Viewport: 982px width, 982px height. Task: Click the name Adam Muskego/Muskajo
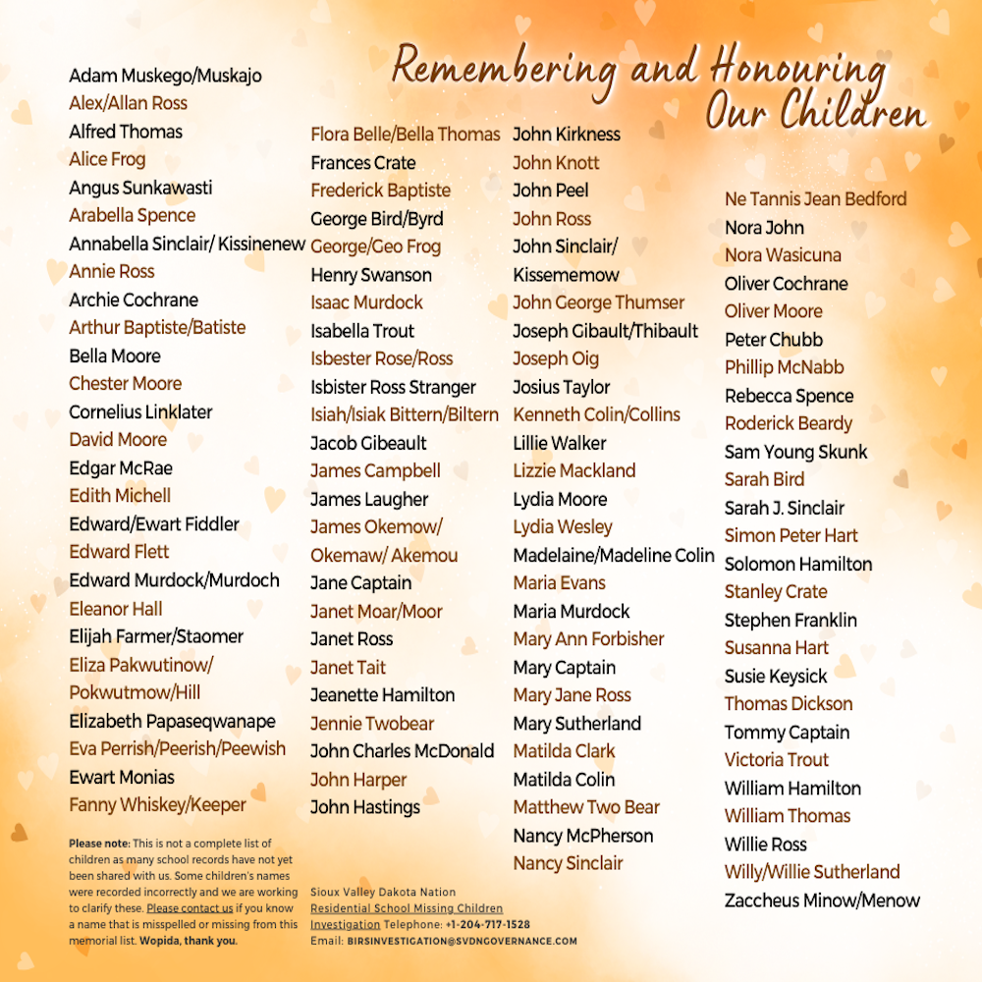point(165,76)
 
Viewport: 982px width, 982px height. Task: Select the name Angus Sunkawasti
point(140,188)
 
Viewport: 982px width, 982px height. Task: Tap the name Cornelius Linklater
point(140,411)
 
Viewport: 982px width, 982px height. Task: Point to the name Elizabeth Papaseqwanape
point(172,721)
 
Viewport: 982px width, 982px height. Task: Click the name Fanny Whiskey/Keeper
point(157,805)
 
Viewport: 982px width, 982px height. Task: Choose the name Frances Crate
point(363,163)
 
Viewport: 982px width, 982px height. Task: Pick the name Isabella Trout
point(362,331)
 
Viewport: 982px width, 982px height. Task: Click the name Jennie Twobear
point(372,724)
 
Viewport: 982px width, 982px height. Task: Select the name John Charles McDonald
point(402,751)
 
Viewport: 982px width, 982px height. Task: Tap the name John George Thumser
point(598,302)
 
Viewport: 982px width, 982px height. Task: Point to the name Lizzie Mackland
point(574,470)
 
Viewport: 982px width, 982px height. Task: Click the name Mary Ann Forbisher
point(588,639)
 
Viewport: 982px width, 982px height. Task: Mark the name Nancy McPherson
point(582,836)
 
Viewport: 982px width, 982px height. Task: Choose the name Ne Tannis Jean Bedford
point(815,199)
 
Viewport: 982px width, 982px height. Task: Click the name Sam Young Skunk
point(796,453)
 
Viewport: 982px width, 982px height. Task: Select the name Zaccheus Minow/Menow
point(822,900)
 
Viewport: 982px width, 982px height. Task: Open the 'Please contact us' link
point(190,908)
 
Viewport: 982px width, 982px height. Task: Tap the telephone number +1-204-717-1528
point(487,925)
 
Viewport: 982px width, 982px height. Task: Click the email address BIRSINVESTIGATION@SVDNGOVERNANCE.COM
point(462,941)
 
